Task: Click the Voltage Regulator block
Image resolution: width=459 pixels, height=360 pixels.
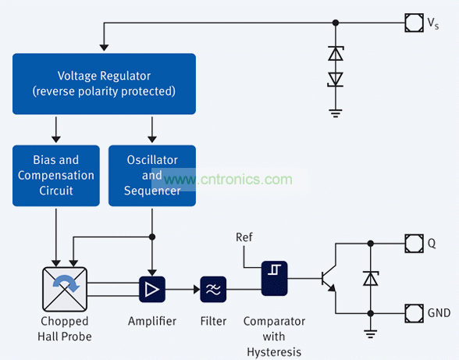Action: click(x=104, y=84)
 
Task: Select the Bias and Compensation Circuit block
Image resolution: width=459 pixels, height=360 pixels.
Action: click(x=56, y=176)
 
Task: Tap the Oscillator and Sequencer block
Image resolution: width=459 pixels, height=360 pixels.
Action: click(x=152, y=176)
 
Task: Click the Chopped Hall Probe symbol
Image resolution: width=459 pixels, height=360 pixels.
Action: click(x=65, y=289)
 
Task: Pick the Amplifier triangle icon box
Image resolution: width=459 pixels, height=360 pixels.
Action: click(x=152, y=289)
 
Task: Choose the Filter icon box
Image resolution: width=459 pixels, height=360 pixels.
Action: click(x=213, y=289)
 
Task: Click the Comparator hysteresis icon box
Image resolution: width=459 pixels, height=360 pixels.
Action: click(x=274, y=278)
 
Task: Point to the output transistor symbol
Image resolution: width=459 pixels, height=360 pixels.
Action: click(x=329, y=278)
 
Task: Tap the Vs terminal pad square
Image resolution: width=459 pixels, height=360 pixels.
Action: click(x=415, y=23)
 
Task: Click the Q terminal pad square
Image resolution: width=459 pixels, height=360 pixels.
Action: click(x=415, y=243)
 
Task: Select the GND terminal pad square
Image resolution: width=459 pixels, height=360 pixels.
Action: click(x=415, y=313)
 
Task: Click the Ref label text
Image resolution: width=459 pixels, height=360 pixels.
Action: click(x=244, y=237)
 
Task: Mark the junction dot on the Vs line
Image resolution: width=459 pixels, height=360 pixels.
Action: click(x=336, y=23)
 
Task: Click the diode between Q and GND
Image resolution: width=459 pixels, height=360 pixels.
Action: click(x=371, y=278)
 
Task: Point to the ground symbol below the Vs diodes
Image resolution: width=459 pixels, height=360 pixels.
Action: click(x=336, y=113)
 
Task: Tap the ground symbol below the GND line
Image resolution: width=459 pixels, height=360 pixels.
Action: click(x=371, y=334)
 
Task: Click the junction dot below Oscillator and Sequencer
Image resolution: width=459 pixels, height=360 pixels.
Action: click(x=152, y=237)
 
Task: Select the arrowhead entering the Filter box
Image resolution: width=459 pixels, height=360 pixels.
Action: click(x=197, y=290)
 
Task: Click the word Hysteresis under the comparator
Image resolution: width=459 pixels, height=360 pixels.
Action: click(x=274, y=351)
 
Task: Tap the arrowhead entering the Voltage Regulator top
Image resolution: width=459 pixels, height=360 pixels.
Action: click(x=104, y=48)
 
